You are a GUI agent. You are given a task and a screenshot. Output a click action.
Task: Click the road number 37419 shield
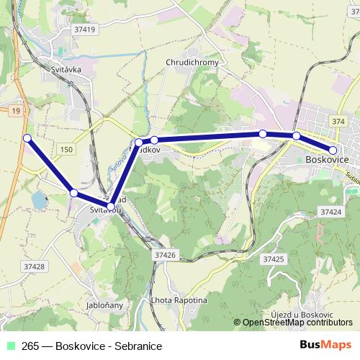(x=84, y=30)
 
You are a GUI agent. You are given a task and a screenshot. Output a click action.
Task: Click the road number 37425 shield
(x=274, y=258)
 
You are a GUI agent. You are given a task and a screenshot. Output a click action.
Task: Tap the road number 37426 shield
(x=165, y=255)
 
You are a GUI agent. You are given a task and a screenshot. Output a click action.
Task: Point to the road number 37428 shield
(x=33, y=266)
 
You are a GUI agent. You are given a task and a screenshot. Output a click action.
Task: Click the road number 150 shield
(x=67, y=149)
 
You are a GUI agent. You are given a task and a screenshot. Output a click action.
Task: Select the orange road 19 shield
(x=15, y=110)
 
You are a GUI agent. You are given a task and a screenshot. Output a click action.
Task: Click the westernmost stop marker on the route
(x=27, y=138)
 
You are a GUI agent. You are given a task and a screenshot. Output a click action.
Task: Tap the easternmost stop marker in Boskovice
(x=333, y=150)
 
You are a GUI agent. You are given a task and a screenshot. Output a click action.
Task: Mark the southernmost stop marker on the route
(x=111, y=208)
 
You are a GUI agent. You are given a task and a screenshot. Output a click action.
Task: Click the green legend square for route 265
(x=9, y=346)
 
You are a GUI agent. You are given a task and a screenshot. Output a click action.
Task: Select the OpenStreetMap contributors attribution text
(x=297, y=323)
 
